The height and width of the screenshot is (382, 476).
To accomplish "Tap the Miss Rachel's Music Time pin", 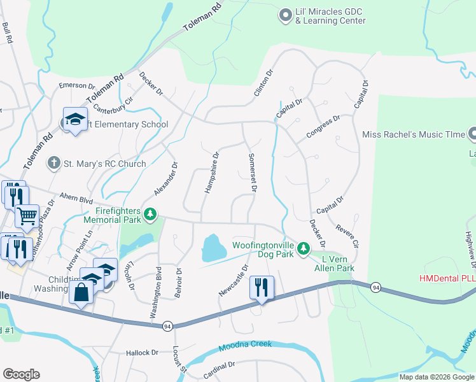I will tap(472, 134).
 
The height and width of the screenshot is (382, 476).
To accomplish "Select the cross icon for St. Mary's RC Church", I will tap(54, 164).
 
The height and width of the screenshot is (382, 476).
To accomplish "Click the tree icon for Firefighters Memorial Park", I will tap(150, 215).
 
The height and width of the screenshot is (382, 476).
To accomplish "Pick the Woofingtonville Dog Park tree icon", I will tap(304, 247).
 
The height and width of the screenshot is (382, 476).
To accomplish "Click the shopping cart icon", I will tap(26, 216).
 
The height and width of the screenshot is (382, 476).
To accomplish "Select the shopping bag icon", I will tap(81, 294).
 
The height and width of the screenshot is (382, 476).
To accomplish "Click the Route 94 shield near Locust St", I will tap(167, 326).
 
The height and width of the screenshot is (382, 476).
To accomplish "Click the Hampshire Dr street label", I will tap(211, 173).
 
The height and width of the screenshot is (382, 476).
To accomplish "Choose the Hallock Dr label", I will tap(141, 352).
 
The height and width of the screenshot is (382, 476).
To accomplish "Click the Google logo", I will tap(21, 374).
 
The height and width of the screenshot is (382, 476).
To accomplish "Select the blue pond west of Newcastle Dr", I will tap(214, 248).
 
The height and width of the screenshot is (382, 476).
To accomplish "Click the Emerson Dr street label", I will tap(76, 86).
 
